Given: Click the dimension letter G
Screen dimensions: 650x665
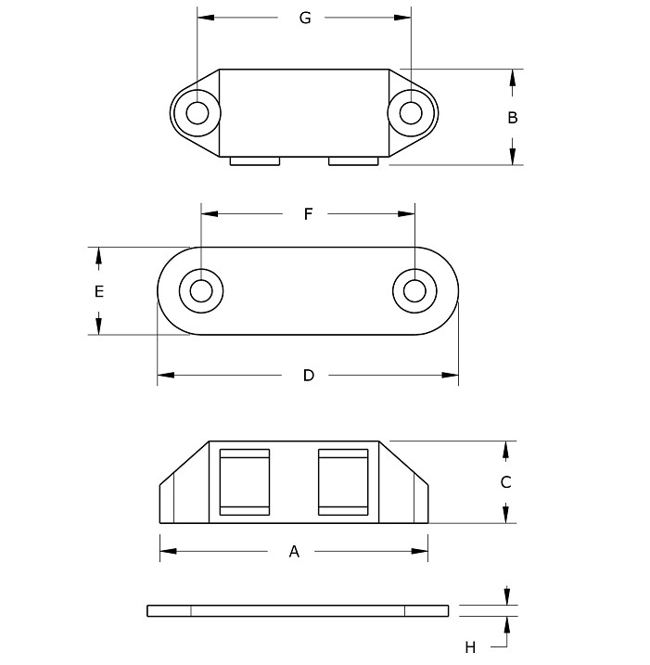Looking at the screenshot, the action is point(305,18).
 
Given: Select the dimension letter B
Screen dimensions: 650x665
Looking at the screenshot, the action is point(512,118).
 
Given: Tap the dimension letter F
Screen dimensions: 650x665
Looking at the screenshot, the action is point(308,213).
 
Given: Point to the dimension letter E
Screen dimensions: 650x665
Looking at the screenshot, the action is point(99,292).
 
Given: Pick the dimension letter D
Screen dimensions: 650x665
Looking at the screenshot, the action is point(309,376).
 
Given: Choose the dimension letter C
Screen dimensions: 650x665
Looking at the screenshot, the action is point(505,482).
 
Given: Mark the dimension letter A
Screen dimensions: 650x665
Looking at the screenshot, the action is point(294,551).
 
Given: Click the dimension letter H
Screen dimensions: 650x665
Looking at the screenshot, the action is point(470,647).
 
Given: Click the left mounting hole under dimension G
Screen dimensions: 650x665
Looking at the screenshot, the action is point(198,113).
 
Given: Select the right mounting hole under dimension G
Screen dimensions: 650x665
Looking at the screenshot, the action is point(411,113).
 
